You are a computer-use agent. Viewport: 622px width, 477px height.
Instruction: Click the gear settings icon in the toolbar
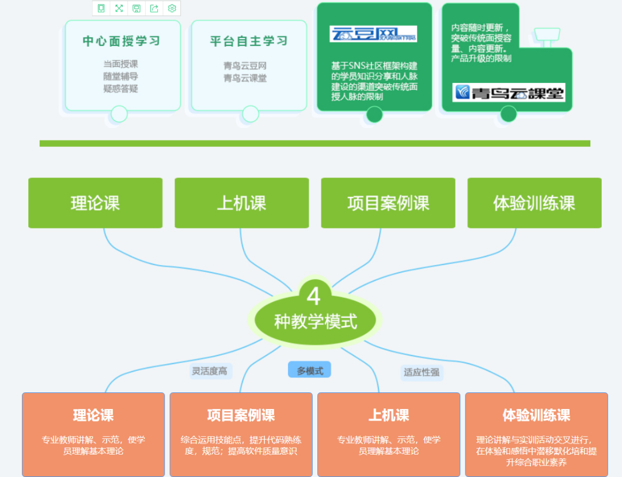pyautogui.click(x=172, y=8)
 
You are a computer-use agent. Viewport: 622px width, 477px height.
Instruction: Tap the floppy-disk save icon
pyautogui.click(x=136, y=8)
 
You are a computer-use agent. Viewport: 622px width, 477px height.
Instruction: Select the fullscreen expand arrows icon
pyautogui.click(x=119, y=8)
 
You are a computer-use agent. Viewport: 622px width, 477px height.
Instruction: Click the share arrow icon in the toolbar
pyautogui.click(x=154, y=8)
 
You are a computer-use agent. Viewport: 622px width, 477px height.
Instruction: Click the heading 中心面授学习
pyautogui.click(x=121, y=41)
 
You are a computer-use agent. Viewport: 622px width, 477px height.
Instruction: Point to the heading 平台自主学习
pyautogui.click(x=248, y=41)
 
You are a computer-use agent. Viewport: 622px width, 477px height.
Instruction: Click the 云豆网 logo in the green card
pyautogui.click(x=373, y=34)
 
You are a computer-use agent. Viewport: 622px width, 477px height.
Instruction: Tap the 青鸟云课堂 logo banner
pyautogui.click(x=509, y=92)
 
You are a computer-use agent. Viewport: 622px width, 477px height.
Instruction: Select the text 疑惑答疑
pyautogui.click(x=121, y=89)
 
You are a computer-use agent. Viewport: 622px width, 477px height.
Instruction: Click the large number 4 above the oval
pyautogui.click(x=313, y=296)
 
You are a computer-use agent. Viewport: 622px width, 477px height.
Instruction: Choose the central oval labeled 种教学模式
pyautogui.click(x=315, y=321)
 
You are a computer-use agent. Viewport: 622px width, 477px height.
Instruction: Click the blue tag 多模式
pyautogui.click(x=310, y=371)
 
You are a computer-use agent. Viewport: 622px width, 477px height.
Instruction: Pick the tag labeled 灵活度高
pyautogui.click(x=210, y=371)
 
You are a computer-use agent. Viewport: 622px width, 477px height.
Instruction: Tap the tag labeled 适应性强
pyautogui.click(x=422, y=372)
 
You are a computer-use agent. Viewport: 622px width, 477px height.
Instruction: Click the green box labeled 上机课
pyautogui.click(x=241, y=203)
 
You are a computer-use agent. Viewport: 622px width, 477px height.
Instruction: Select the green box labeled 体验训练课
pyautogui.click(x=534, y=203)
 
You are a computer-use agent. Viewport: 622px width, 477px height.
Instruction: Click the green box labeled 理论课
pyautogui.click(x=95, y=203)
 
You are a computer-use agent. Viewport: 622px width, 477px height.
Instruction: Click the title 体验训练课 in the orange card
pyautogui.click(x=536, y=415)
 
